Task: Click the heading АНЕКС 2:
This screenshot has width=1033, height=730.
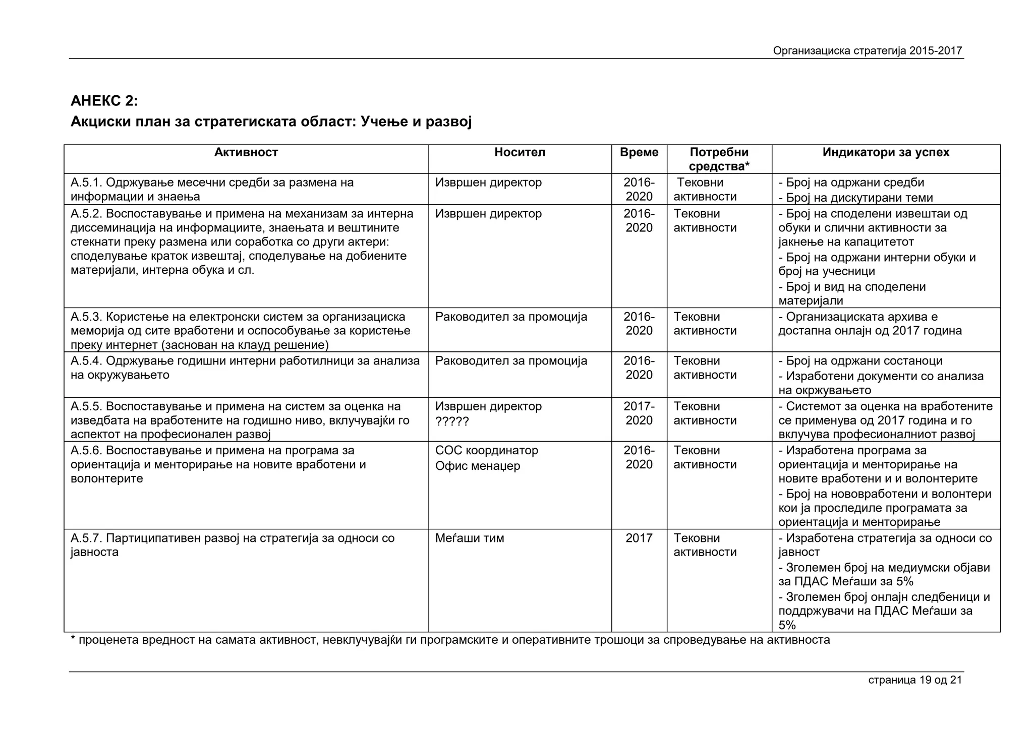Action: click(x=104, y=101)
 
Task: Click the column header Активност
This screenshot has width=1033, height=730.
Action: click(x=246, y=153)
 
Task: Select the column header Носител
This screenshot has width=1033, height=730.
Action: click(x=520, y=153)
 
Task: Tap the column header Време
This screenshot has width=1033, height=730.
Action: click(x=639, y=153)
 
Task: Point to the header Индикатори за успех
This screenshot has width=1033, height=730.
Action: click(x=886, y=153)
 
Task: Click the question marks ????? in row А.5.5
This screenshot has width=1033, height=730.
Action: click(x=452, y=421)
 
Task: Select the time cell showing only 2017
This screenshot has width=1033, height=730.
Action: click(x=639, y=538)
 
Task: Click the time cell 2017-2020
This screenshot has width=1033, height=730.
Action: click(x=639, y=413)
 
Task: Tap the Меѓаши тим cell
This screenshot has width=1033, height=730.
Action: click(x=469, y=538)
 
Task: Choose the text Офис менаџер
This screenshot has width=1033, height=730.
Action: click(x=477, y=466)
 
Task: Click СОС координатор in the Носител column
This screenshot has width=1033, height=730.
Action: click(x=486, y=451)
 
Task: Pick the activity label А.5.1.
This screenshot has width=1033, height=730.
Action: click(x=86, y=183)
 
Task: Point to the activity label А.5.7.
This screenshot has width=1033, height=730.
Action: click(x=86, y=538)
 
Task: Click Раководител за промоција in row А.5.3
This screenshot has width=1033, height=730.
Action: click(x=511, y=317)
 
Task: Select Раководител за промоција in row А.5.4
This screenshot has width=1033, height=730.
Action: click(x=511, y=361)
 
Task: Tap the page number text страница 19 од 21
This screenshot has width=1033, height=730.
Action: click(x=914, y=680)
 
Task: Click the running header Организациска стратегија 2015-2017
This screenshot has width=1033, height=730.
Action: click(x=867, y=51)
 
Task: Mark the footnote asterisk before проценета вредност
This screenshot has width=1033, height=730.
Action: click(x=73, y=640)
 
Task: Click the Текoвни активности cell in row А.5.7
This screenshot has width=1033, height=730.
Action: click(x=705, y=545)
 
